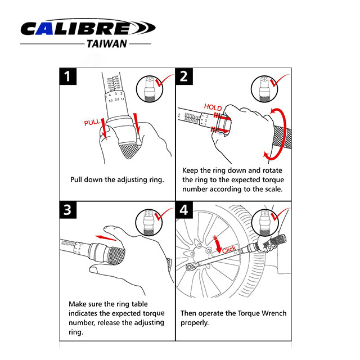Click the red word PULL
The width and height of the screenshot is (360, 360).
pos(92,122)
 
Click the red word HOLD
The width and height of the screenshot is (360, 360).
pos(213,107)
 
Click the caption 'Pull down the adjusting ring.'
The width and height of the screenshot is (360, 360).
pos(117,179)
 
